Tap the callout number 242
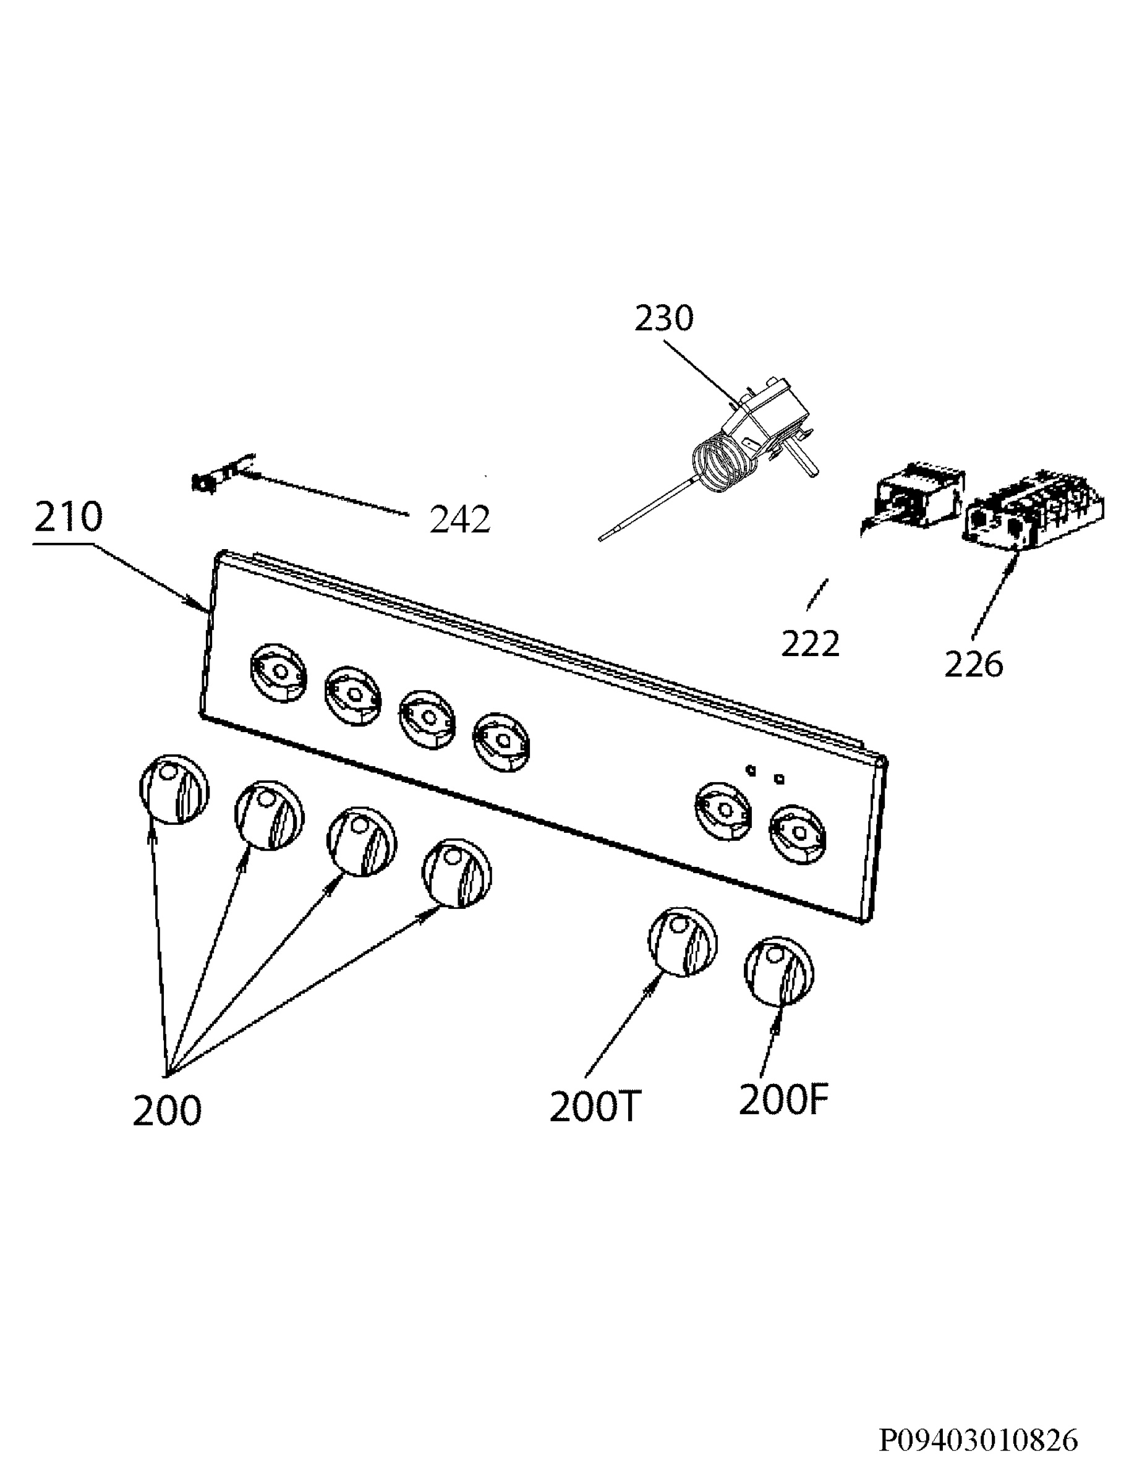(x=461, y=519)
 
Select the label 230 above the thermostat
(x=664, y=318)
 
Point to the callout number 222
(x=811, y=644)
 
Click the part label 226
(x=974, y=664)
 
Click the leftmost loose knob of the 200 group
(x=174, y=789)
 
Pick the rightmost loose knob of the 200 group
(x=457, y=873)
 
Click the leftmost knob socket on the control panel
(x=278, y=673)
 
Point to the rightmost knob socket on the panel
(x=798, y=835)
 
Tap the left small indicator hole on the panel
(x=751, y=769)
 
